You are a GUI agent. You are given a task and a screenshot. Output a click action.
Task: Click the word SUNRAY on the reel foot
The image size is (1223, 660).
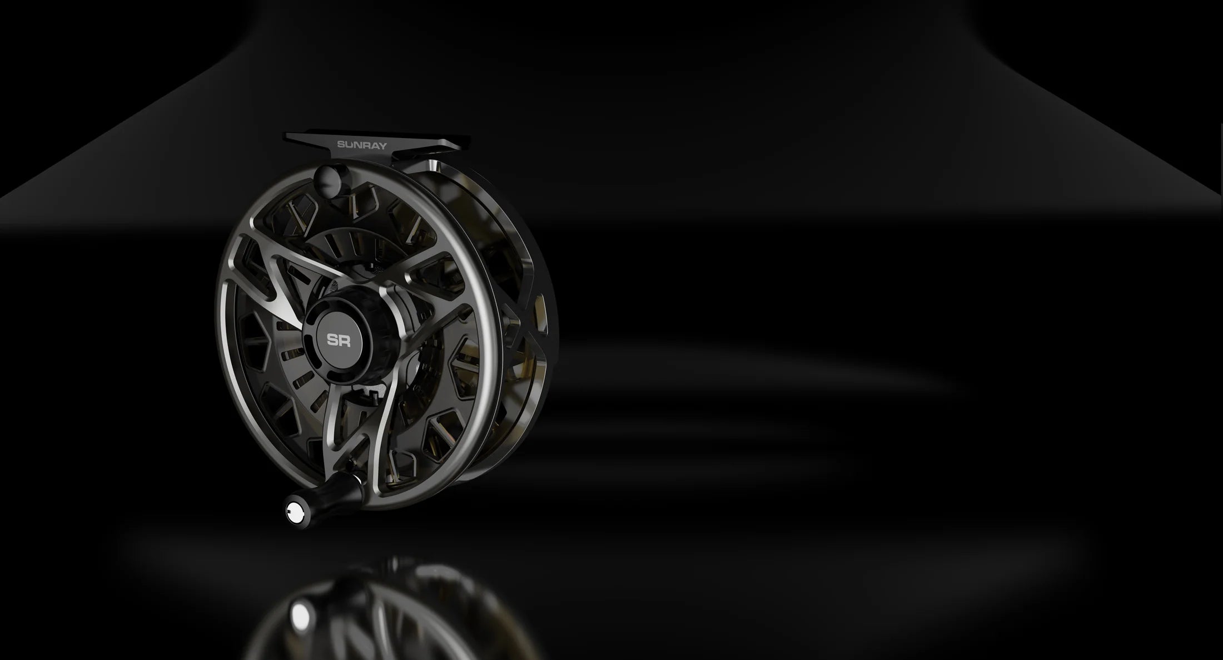(362, 145)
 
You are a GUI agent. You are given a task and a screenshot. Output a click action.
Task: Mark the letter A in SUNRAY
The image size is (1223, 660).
(374, 145)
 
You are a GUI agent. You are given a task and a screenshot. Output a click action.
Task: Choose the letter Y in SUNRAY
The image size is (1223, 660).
(383, 145)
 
